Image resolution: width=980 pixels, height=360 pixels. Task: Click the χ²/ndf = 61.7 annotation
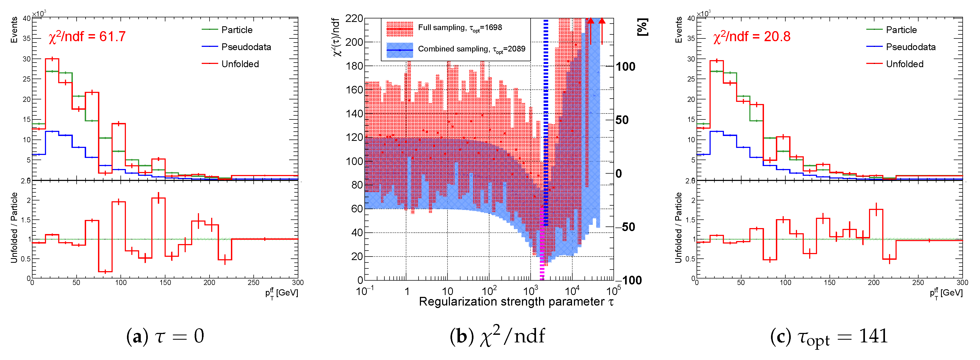[x=87, y=37]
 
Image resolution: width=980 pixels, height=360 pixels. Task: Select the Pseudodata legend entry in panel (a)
[x=246, y=47]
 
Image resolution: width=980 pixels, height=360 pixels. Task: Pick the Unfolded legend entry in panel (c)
[x=904, y=64]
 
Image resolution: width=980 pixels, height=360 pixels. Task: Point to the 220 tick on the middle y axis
[x=354, y=18]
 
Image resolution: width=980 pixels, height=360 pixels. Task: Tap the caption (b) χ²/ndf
[x=497, y=336]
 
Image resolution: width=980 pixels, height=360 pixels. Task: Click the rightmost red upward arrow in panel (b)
[x=602, y=30]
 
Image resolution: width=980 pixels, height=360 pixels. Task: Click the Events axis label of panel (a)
[x=14, y=30]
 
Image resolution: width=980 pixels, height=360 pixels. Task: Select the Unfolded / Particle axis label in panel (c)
[x=678, y=228]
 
